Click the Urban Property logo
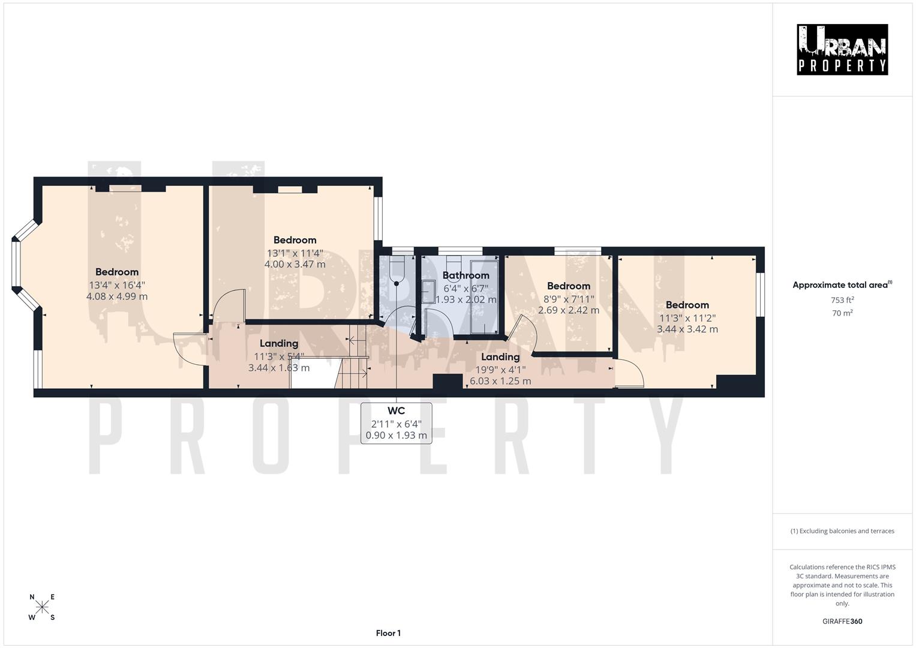pyautogui.click(x=842, y=49)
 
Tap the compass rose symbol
pyautogui.click(x=42, y=607)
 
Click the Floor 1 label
pyautogui.click(x=388, y=633)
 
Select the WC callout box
pyautogui.click(x=396, y=423)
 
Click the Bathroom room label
pyautogui.click(x=465, y=275)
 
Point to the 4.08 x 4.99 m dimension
pyautogui.click(x=117, y=296)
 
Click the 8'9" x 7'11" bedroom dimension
pyautogui.click(x=568, y=299)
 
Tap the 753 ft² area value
pyautogui.click(x=842, y=300)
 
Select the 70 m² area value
pyautogui.click(x=842, y=313)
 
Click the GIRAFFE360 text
pyautogui.click(x=842, y=621)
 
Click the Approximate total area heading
pyautogui.click(x=842, y=285)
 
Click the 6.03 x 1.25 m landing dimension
pyautogui.click(x=500, y=381)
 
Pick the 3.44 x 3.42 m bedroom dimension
pyautogui.click(x=687, y=329)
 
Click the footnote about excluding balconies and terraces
pyautogui.click(x=842, y=531)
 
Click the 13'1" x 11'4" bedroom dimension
pyautogui.click(x=295, y=253)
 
